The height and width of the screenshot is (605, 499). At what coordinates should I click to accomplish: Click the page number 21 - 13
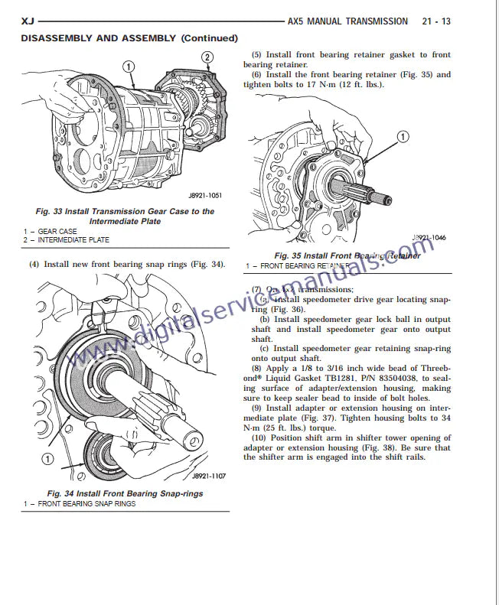click(x=435, y=21)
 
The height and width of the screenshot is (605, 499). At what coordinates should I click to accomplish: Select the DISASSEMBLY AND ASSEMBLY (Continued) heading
click(x=129, y=38)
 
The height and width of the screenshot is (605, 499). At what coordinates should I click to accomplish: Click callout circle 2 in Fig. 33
click(x=207, y=57)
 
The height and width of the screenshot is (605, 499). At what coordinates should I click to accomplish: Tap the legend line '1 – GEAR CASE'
click(x=50, y=231)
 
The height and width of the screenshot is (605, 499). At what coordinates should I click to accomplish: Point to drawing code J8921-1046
click(x=429, y=238)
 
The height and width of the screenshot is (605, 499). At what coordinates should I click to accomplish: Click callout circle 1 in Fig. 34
click(x=47, y=459)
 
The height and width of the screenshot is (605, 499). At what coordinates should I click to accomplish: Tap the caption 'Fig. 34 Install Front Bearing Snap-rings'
click(x=125, y=494)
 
